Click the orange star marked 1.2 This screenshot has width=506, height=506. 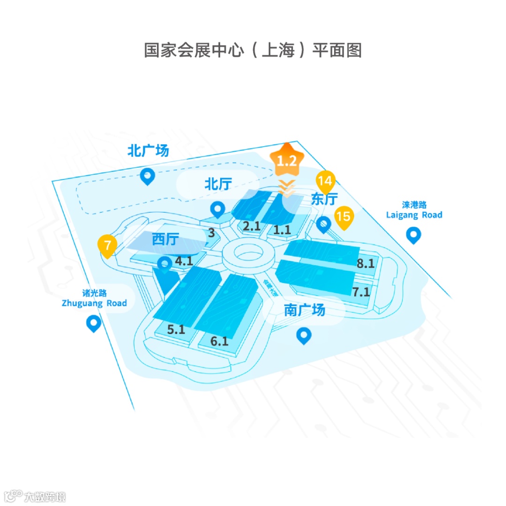(x=287, y=161)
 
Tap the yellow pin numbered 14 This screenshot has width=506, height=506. (x=325, y=180)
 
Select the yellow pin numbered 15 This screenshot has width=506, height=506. (x=343, y=216)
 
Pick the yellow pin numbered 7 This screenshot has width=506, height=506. (x=107, y=245)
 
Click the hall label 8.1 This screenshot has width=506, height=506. (x=365, y=263)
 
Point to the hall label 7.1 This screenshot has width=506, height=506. (x=361, y=292)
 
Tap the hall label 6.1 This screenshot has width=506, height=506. (x=219, y=341)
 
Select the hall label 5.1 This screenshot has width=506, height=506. (x=176, y=329)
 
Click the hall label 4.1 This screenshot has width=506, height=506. (x=184, y=261)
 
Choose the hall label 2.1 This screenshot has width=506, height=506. (x=252, y=226)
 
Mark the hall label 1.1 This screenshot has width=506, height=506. (x=282, y=230)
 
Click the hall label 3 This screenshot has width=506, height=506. (x=211, y=232)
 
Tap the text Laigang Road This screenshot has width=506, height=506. (x=414, y=215)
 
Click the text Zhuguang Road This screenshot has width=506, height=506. (x=94, y=303)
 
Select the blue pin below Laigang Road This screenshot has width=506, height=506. (x=413, y=235)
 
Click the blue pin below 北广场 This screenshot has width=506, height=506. (x=148, y=176)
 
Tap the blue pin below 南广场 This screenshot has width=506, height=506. (x=305, y=335)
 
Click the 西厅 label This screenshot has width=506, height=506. (x=165, y=240)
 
